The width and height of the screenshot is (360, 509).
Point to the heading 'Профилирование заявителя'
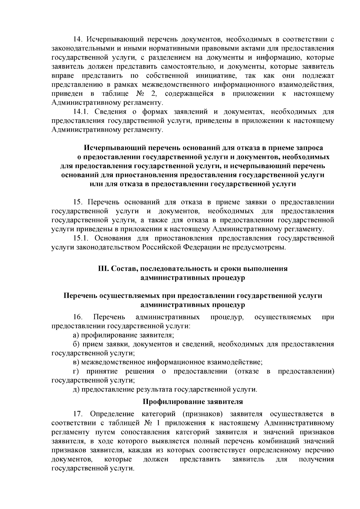pyautogui.click(x=193, y=401)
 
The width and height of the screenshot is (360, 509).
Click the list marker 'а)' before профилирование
pyautogui.click(x=76, y=335)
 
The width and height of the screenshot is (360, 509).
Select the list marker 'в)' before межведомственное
pyautogui.click(x=76, y=362)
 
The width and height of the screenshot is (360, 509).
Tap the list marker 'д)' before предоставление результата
pyautogui.click(x=76, y=389)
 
